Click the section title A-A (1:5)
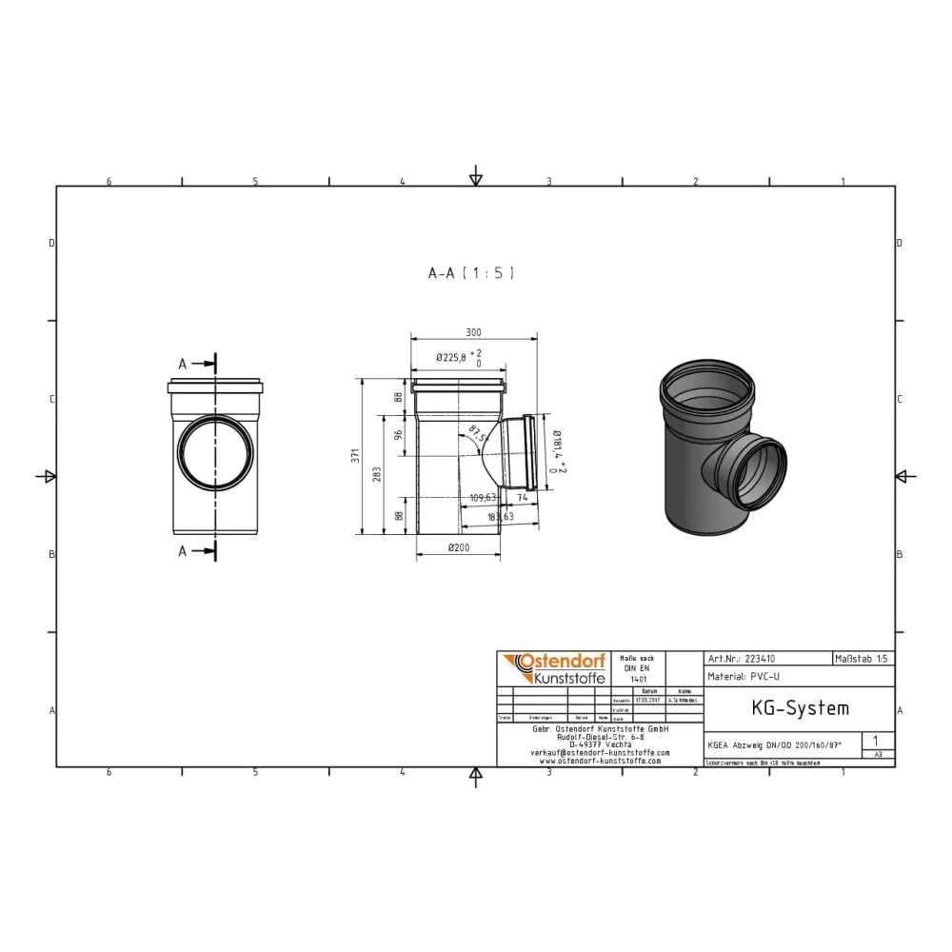coord(471,273)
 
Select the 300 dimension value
coord(473,332)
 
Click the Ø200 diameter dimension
coord(459,547)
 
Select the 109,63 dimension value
coord(484,496)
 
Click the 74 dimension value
coord(523,496)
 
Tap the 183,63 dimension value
coord(500,516)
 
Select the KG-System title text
coord(786,708)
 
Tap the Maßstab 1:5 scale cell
coord(863,658)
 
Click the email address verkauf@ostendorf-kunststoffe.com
coord(600,752)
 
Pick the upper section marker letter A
coord(183,364)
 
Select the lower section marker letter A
coord(183,551)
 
